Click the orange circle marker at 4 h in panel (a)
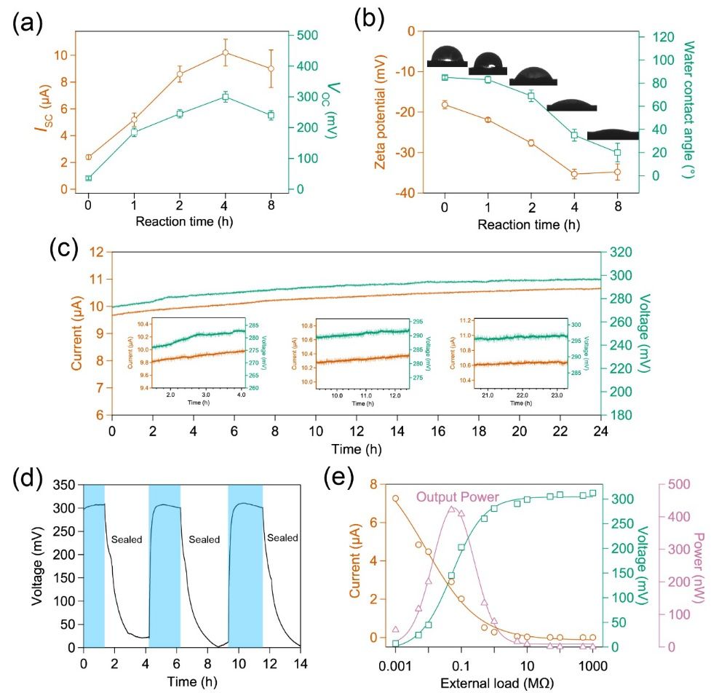click(x=226, y=52)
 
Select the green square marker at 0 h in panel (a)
click(x=88, y=178)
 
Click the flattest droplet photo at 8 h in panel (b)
click(x=612, y=134)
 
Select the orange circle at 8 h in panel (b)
click(x=617, y=173)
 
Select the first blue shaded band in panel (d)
click(x=94, y=565)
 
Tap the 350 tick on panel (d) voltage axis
click(x=64, y=485)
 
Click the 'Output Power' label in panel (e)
click(x=458, y=497)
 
